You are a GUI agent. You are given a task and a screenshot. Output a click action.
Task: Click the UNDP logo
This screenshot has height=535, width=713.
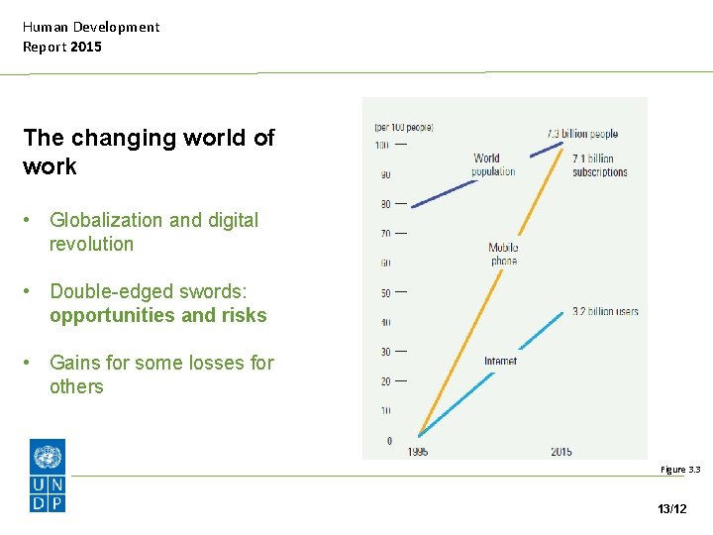48,477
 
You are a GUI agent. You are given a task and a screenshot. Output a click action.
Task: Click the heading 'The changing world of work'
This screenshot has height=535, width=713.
149,152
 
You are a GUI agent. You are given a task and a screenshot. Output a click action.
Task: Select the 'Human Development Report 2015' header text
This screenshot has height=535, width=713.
91,37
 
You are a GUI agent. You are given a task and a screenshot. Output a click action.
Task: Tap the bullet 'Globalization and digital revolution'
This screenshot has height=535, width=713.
153,232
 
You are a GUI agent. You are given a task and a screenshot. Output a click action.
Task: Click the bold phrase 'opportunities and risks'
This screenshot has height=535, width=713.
158,315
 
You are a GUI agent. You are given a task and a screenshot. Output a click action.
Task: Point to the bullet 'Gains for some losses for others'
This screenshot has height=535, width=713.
161,374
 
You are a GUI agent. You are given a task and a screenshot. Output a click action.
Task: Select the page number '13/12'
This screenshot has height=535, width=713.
671,508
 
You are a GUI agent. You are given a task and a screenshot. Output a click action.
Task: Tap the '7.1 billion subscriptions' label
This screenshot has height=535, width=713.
599,164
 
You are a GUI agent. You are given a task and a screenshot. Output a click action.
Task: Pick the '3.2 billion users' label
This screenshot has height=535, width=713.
605,311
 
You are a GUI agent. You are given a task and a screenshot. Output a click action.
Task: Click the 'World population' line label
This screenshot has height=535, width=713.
492,164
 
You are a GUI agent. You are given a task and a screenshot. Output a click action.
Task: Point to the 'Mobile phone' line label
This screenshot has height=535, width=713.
503,254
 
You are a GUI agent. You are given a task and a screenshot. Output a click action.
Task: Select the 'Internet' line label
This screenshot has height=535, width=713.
500,361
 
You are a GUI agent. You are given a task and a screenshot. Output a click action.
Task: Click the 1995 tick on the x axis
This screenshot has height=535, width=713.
419,452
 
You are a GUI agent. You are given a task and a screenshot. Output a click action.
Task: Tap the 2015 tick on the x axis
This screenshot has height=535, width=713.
560,452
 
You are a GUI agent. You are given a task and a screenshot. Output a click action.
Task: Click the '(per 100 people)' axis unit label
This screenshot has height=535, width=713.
403,127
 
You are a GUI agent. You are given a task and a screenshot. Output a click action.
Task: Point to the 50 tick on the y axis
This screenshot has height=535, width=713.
386,292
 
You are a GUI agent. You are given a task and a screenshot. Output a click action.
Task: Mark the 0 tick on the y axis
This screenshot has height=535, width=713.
388,440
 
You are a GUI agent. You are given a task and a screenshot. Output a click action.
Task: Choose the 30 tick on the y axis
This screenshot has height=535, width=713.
386,351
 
